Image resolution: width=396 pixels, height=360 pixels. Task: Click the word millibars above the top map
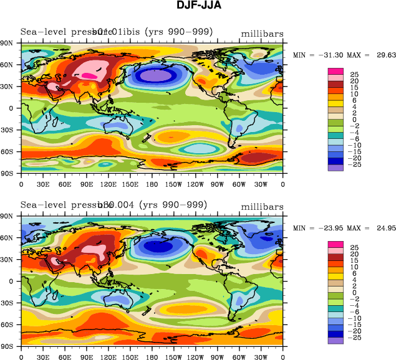click(x=261, y=33)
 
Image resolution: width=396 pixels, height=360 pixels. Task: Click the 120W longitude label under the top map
click(x=196, y=184)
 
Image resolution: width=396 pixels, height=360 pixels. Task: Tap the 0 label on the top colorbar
click(x=353, y=119)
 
